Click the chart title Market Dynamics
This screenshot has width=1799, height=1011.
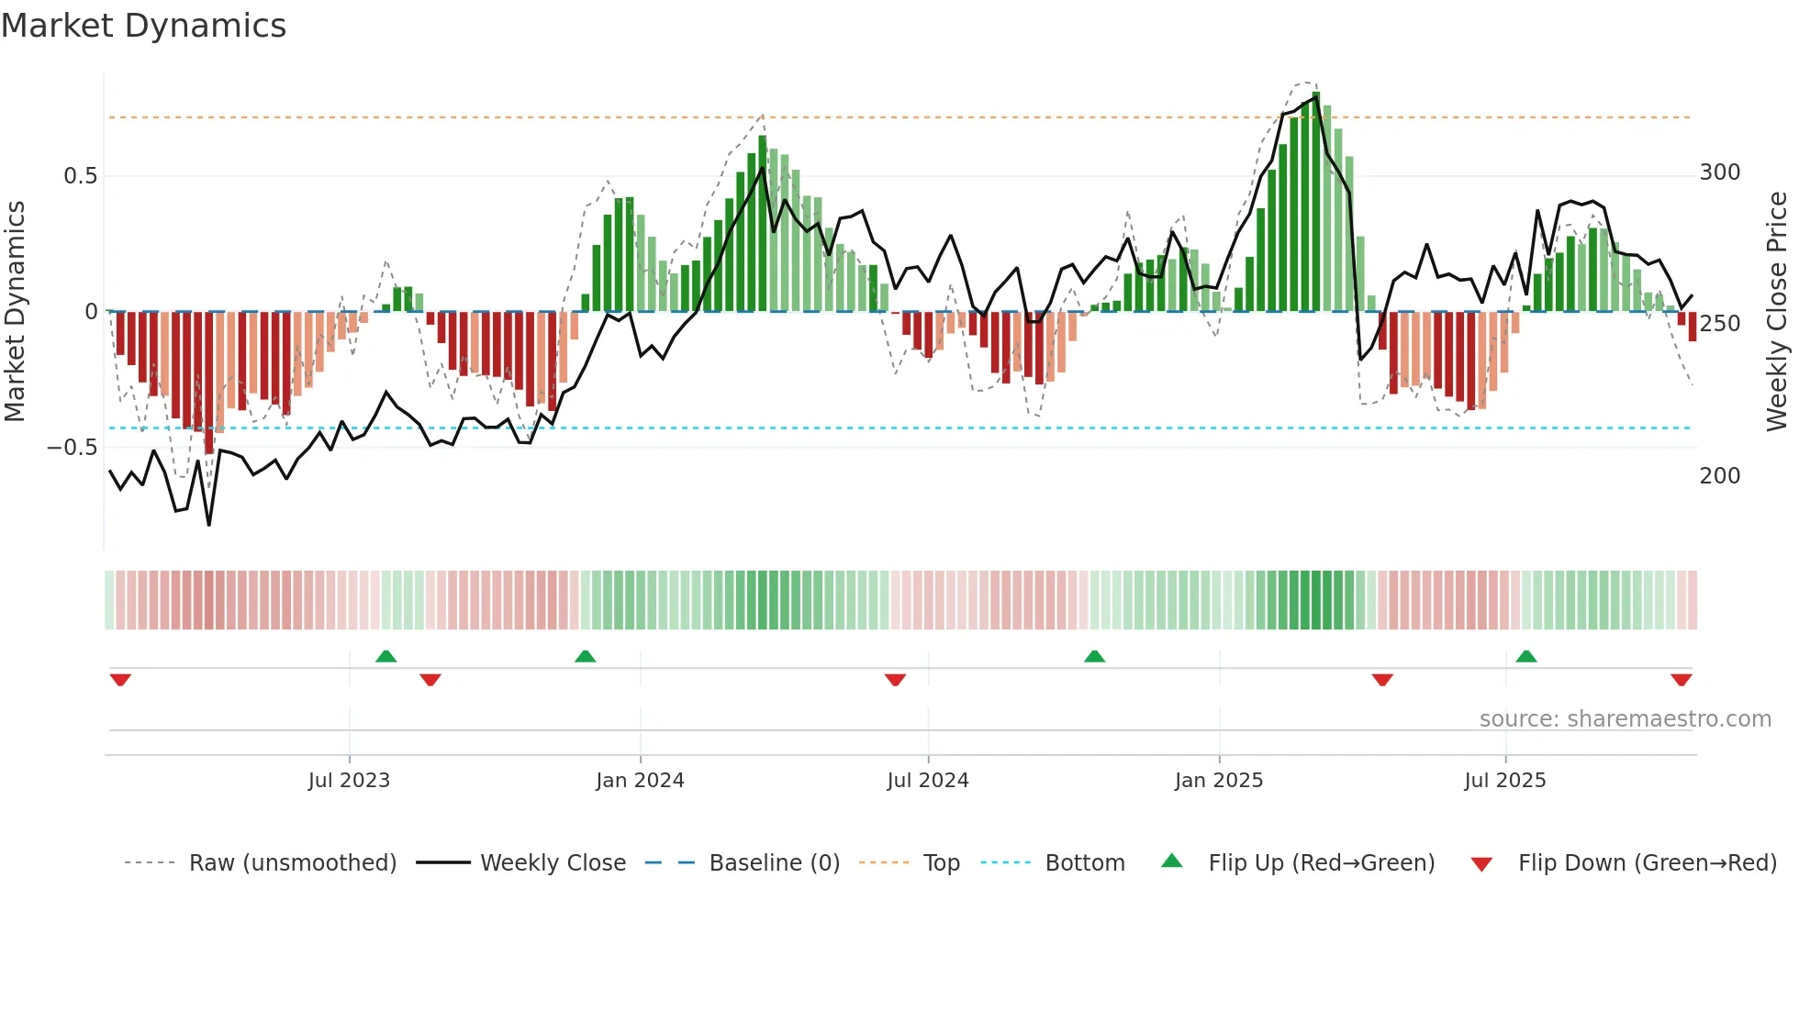click(x=143, y=26)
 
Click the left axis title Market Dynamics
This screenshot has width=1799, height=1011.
click(x=15, y=311)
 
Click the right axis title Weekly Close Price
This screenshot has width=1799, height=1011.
click(x=1777, y=311)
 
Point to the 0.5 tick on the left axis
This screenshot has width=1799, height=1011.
click(x=80, y=176)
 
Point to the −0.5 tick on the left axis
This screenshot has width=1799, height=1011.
click(x=73, y=448)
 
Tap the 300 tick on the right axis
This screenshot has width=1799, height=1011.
click(x=1719, y=172)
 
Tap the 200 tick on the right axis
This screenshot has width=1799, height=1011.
click(x=1719, y=476)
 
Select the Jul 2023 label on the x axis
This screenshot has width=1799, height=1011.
click(x=349, y=781)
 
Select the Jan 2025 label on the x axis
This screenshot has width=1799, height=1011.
click(x=1218, y=781)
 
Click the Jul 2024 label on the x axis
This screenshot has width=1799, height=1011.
click(x=927, y=781)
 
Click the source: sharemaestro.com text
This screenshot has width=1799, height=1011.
click(x=1625, y=719)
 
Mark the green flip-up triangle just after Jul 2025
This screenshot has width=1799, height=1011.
click(x=1526, y=656)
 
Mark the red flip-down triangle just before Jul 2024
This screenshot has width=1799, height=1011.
click(x=895, y=680)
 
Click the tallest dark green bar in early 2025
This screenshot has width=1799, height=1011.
click(x=1316, y=202)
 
